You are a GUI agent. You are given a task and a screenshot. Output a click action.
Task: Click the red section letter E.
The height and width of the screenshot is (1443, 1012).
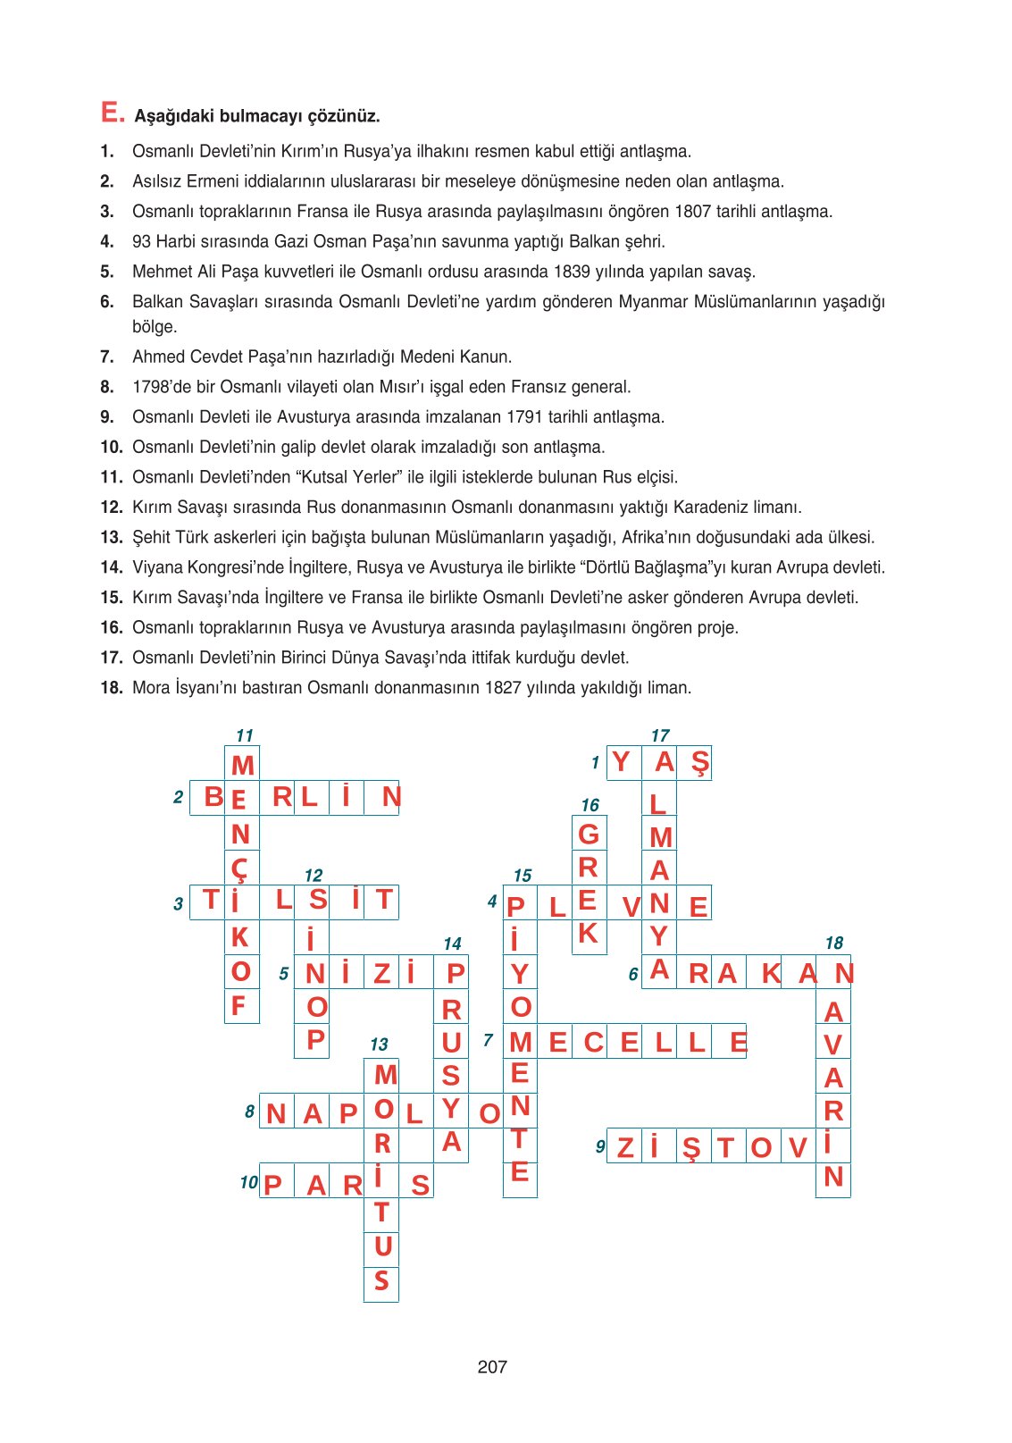[112, 113]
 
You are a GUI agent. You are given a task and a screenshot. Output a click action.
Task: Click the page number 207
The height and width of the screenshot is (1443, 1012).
[492, 1366]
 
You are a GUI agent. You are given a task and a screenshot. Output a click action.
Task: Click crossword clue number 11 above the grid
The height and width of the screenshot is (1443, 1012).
[244, 735]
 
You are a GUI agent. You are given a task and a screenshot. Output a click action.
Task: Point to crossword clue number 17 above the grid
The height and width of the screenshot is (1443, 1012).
[660, 735]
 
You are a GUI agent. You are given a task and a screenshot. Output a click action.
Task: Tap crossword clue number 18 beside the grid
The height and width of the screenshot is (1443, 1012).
[833, 943]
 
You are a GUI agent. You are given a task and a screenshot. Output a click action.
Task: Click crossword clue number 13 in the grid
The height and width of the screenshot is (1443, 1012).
[379, 1044]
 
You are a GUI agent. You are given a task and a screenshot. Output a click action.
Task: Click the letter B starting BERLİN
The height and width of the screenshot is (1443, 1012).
[213, 796]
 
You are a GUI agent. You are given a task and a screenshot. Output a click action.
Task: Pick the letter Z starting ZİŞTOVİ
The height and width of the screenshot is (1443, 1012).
[625, 1147]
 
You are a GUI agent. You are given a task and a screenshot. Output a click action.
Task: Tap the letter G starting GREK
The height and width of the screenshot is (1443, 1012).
[589, 834]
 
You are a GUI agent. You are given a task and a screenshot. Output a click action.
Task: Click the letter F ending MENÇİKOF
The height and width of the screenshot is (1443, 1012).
[238, 1006]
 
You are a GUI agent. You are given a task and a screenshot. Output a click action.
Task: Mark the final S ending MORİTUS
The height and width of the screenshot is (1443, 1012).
[381, 1281]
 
